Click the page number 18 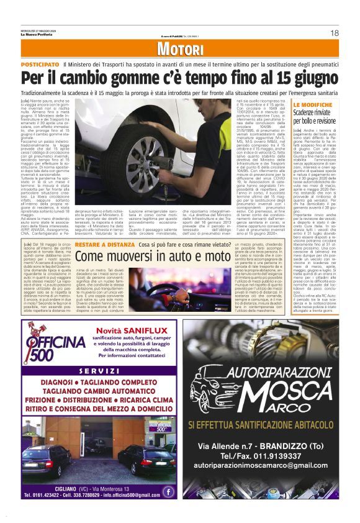point(334,33)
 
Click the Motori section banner point(180,50)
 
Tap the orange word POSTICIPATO point(40,65)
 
